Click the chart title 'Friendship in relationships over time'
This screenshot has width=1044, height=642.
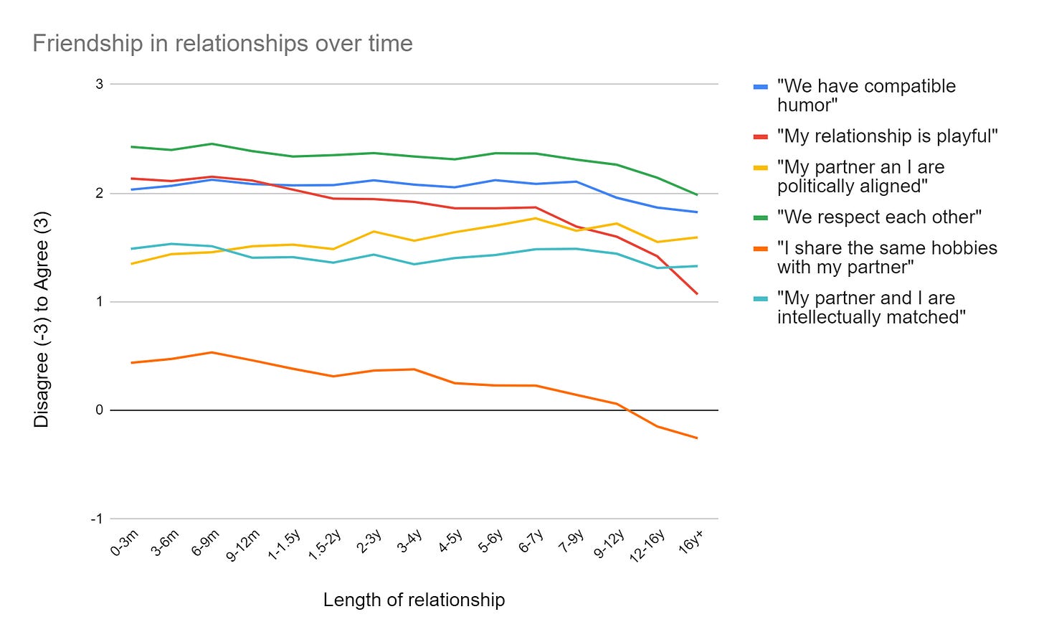pyautogui.click(x=222, y=44)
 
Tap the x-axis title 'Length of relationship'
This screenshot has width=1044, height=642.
pyautogui.click(x=414, y=600)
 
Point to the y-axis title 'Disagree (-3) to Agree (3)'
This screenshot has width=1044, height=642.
pyautogui.click(x=42, y=319)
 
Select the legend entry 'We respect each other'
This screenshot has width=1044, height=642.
pyautogui.click(x=879, y=217)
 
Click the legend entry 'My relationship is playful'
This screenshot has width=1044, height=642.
pyautogui.click(x=887, y=136)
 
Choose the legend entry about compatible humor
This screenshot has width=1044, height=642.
pyautogui.click(x=865, y=95)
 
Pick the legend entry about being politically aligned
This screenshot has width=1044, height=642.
pyautogui.click(x=860, y=176)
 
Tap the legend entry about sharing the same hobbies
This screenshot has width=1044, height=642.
pyautogui.click(x=886, y=258)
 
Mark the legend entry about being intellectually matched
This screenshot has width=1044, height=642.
pyautogui.click(x=870, y=308)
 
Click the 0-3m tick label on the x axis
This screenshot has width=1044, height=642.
pyautogui.click(x=125, y=544)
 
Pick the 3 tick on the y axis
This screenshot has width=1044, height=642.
pyautogui.click(x=99, y=84)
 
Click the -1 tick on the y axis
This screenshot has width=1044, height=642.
pyautogui.click(x=97, y=519)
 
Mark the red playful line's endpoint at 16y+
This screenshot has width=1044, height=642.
pyautogui.click(x=697, y=293)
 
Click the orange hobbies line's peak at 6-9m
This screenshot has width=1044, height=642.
pyautogui.click(x=212, y=352)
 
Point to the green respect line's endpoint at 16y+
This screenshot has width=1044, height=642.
pyautogui.click(x=697, y=194)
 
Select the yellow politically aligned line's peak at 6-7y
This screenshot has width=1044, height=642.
pyautogui.click(x=536, y=218)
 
